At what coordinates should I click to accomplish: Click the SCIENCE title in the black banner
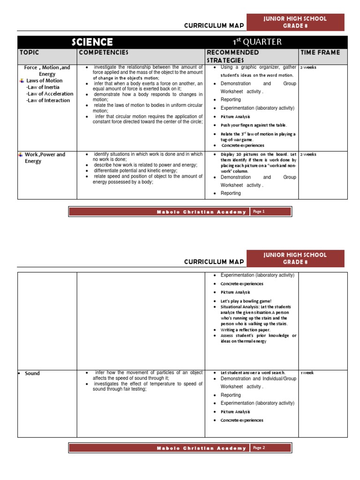pos(92,42)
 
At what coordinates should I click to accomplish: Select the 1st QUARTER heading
pos(257,42)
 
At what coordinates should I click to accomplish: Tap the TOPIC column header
pos(30,52)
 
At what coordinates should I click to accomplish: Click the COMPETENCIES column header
pos(103,52)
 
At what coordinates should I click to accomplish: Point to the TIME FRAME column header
pos(320,52)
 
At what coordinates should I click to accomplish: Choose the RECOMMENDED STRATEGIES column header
pos(232,56)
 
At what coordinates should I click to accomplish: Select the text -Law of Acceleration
pos(50,94)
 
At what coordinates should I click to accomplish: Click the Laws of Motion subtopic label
pos(44,81)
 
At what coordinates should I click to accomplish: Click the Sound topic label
pos(32,373)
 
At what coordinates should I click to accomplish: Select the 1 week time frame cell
pos(307,373)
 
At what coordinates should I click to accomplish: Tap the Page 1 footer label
pos(259,211)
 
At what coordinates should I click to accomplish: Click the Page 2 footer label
pos(259,448)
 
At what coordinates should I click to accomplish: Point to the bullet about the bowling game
pos(246,300)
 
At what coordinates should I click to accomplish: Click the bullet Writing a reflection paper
pos(245,330)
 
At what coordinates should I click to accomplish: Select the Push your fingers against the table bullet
pos(253,125)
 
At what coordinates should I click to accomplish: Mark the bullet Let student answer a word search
pos(253,372)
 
